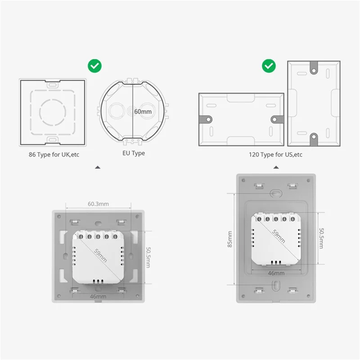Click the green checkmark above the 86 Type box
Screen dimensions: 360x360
click(94, 67)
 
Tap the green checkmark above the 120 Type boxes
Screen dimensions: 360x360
click(269, 67)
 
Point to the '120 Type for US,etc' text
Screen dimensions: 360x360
click(276, 154)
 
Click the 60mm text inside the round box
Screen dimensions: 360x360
click(143, 110)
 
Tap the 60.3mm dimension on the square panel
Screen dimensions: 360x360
click(98, 204)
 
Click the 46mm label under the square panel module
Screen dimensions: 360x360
click(98, 297)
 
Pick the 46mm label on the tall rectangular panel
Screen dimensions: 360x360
click(276, 273)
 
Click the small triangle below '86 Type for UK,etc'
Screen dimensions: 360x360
click(98, 167)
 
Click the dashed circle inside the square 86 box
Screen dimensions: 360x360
click(53, 109)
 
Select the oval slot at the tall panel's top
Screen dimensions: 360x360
click(275, 193)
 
